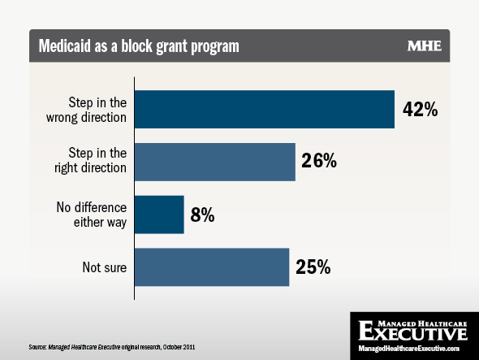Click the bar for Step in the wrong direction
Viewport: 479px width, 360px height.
pyautogui.click(x=265, y=109)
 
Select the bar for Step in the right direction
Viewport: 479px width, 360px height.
pyautogui.click(x=215, y=162)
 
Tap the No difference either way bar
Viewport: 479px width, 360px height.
pyautogui.click(x=159, y=215)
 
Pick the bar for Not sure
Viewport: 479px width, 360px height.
pyautogui.click(x=212, y=267)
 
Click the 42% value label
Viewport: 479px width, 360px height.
pyautogui.click(x=420, y=109)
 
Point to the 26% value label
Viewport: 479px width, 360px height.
pyautogui.click(x=319, y=160)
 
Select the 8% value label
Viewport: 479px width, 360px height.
pyautogui.click(x=202, y=215)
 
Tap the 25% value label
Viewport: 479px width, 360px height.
pyautogui.click(x=313, y=267)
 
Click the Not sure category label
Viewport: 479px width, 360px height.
pyautogui.click(x=105, y=267)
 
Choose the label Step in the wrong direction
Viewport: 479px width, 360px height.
pyautogui.click(x=86, y=110)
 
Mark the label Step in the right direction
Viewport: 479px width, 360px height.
pyautogui.click(x=90, y=160)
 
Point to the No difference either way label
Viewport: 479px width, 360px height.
pyautogui.click(x=92, y=215)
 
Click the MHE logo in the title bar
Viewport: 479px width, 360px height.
pyautogui.click(x=425, y=46)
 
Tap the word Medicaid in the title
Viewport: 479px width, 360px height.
pyautogui.click(x=65, y=46)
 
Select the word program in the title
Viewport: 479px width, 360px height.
pyautogui.click(x=215, y=47)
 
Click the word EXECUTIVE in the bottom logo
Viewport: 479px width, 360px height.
pyautogui.click(x=412, y=331)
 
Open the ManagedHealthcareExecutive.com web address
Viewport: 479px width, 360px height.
pyautogui.click(x=408, y=349)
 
